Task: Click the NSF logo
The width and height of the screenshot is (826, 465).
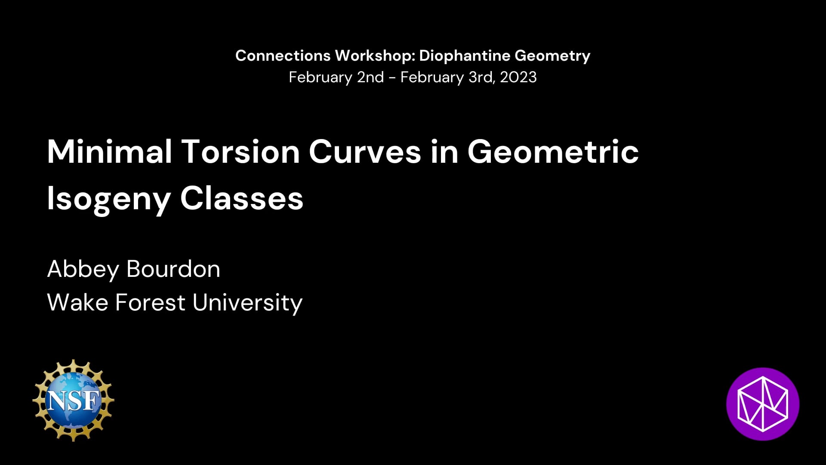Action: pos(73,400)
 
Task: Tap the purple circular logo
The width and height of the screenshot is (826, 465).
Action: pos(763,404)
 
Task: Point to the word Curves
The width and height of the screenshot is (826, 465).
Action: pos(365,152)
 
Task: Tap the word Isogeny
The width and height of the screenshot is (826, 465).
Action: pos(109,199)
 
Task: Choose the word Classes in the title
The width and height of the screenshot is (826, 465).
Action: pos(242,199)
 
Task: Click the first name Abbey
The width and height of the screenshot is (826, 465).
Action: pos(83,270)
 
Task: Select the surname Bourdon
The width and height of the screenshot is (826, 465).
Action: pos(173,269)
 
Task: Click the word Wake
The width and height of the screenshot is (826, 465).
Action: pos(77,302)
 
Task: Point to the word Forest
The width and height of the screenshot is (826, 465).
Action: pos(150,302)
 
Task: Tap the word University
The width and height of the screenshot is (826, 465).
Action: pos(247,303)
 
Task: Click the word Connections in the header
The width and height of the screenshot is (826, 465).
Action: pos(283,56)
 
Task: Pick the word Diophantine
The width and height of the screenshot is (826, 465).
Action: pos(465,56)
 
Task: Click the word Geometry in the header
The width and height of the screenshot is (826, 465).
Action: pos(552,56)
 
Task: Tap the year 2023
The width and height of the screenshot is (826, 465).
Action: pos(518,77)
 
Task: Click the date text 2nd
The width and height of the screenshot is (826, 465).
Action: pos(370,77)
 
